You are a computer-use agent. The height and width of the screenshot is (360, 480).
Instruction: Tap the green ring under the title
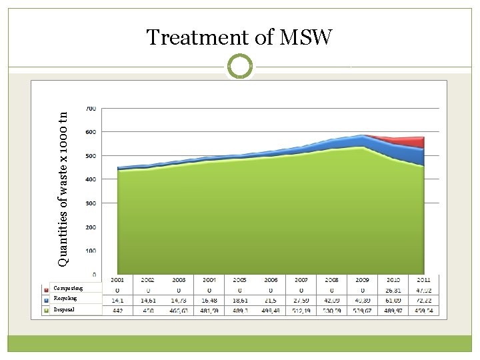point(239,67)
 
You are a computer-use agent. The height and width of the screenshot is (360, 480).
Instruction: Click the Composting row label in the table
point(69,289)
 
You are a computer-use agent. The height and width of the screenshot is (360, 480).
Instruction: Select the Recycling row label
point(67,299)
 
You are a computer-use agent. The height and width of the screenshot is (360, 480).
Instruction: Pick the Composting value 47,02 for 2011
point(425,290)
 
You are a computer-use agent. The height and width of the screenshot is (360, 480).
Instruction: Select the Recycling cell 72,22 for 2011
point(425,301)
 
